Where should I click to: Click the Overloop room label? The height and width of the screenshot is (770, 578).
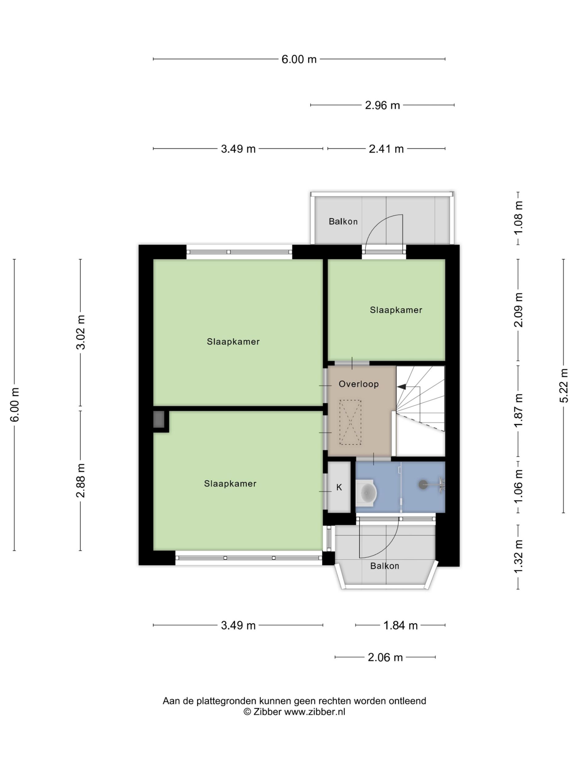click(x=359, y=384)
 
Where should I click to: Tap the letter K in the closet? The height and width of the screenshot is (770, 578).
click(x=339, y=487)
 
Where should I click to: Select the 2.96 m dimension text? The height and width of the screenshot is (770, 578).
click(x=382, y=105)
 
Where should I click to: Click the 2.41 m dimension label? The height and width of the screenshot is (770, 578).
click(x=386, y=149)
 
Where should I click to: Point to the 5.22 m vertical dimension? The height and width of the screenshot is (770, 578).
click(x=564, y=385)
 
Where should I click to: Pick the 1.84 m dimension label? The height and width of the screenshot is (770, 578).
click(x=400, y=626)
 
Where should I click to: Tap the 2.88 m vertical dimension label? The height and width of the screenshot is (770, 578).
click(x=81, y=480)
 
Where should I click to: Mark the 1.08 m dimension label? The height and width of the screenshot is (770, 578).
click(x=519, y=218)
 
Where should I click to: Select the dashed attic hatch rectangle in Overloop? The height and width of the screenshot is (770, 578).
click(x=350, y=422)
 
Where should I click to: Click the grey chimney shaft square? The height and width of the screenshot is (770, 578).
click(x=159, y=419)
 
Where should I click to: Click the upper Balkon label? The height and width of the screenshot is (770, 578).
click(x=343, y=221)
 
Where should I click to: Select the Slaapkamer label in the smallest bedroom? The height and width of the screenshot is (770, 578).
click(x=396, y=310)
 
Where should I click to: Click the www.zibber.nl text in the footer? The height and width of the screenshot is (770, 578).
click(x=315, y=711)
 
